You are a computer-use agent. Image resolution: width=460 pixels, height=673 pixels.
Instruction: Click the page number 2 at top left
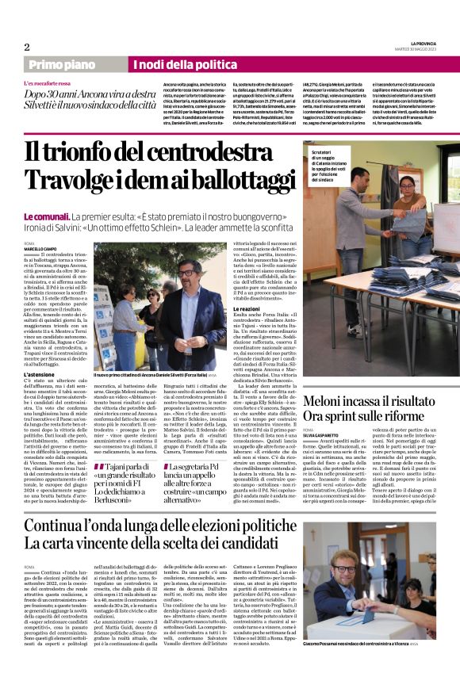click(27, 47)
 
